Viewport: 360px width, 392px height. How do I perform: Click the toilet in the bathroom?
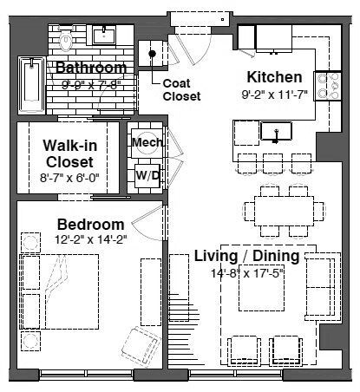point(66,39)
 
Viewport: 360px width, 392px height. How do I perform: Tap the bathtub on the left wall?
point(31,85)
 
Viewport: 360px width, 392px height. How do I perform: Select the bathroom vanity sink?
point(104,36)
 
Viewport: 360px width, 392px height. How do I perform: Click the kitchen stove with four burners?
point(328,86)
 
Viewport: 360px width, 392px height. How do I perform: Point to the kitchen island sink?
point(276,132)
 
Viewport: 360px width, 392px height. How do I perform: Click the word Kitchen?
point(274,77)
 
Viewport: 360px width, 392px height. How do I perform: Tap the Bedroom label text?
point(91,225)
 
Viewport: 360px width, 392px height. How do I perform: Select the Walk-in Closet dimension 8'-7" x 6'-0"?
point(69,178)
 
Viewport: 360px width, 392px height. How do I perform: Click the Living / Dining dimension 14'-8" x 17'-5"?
point(247,273)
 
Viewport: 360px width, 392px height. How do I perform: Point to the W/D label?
point(147,175)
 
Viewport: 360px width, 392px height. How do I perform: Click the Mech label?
point(147,142)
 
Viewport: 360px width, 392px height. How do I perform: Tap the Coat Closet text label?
point(181,89)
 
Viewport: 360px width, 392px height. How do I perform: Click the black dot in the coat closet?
point(152,54)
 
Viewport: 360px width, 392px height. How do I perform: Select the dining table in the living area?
point(285,211)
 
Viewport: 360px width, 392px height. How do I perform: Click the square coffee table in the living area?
point(261,291)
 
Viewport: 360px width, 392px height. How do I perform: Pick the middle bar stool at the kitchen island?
point(272,164)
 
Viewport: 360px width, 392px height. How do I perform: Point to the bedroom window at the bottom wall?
point(87,375)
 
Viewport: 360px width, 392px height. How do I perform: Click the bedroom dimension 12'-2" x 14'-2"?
point(91,239)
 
